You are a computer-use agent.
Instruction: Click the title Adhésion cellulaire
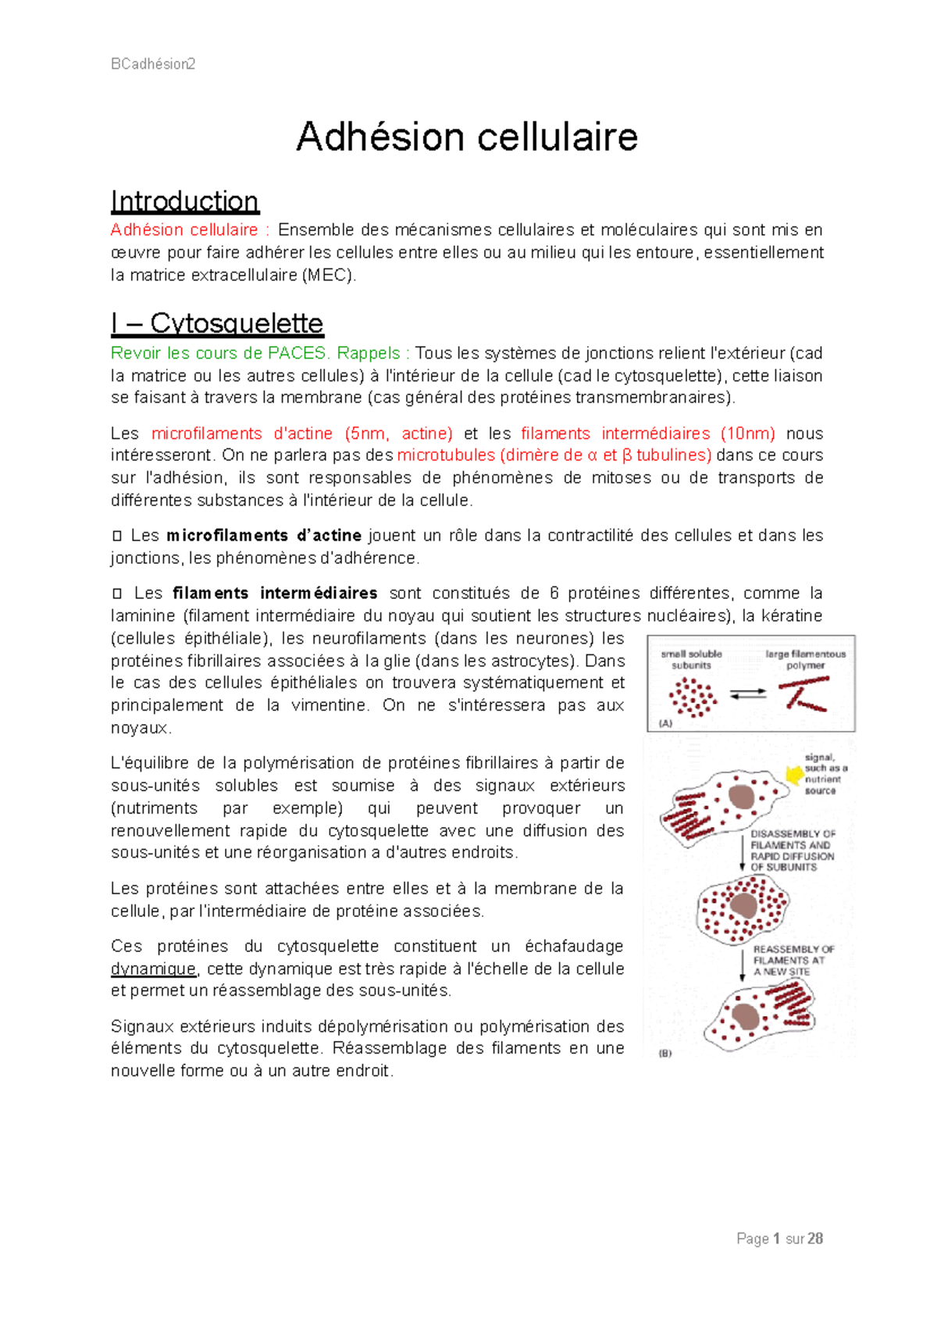(467, 137)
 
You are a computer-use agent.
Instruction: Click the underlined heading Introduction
(184, 201)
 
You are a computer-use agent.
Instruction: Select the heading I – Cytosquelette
(217, 323)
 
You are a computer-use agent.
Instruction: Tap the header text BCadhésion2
(153, 64)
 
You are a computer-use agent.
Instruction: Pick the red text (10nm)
(747, 433)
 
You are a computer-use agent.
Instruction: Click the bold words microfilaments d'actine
(264, 536)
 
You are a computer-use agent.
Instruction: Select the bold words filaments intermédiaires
(275, 594)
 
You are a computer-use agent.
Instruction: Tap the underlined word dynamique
(154, 969)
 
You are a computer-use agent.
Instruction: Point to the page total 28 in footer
(815, 1239)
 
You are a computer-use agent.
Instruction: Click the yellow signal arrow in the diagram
(794, 774)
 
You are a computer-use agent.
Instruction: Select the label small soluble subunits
(691, 660)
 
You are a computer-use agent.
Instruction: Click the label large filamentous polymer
(805, 660)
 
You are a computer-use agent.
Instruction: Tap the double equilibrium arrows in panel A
(748, 694)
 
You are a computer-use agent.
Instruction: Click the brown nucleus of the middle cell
(743, 906)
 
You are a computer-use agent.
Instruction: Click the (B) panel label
(664, 1054)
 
